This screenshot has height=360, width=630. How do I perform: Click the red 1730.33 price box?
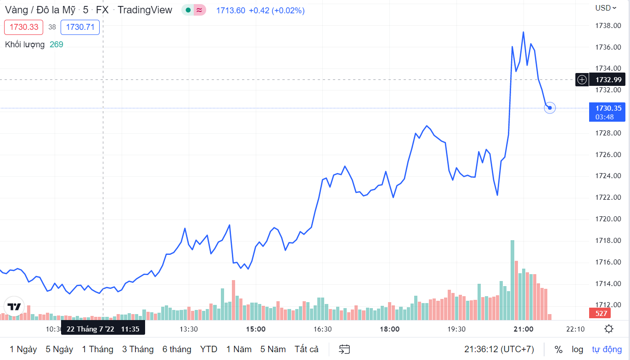click(x=24, y=27)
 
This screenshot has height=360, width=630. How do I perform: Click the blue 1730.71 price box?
click(x=80, y=27)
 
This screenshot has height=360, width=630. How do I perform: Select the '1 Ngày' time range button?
click(x=23, y=349)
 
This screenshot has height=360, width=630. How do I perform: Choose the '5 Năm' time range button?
click(x=273, y=349)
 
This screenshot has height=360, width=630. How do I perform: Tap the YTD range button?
click(x=209, y=349)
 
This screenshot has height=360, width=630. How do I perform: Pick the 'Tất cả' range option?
click(x=306, y=349)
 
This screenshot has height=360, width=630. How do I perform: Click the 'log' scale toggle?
click(x=577, y=349)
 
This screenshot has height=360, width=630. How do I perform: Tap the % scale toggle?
click(x=558, y=349)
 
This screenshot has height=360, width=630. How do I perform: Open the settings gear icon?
click(x=609, y=329)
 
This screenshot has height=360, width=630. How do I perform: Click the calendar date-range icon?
click(x=344, y=349)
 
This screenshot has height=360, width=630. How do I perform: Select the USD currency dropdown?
click(x=606, y=8)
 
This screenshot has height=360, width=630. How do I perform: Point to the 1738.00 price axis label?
click(x=608, y=26)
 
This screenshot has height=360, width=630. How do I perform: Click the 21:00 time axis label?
click(x=523, y=329)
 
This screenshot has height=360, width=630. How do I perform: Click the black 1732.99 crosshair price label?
click(x=608, y=79)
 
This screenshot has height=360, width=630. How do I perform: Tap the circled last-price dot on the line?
click(x=550, y=108)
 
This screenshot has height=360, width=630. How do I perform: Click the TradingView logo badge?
click(x=14, y=307)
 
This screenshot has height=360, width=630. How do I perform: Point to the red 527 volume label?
click(x=602, y=314)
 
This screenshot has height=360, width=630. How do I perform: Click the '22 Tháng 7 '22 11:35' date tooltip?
click(x=103, y=329)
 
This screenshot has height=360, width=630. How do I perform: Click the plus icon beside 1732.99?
click(x=582, y=79)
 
